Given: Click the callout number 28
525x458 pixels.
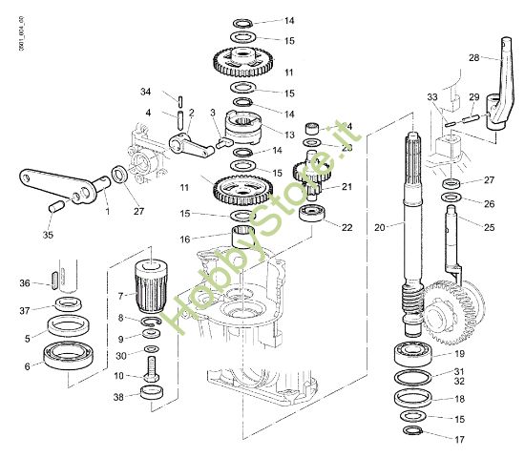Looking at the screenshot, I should [473, 59].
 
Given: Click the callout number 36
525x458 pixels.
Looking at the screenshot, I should [25, 282].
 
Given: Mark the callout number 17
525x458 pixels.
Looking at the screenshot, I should [459, 440].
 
